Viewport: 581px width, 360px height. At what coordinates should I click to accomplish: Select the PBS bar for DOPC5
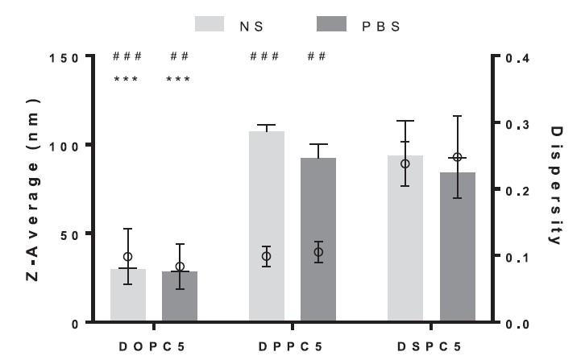180,297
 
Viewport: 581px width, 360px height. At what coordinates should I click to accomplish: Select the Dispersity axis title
554,185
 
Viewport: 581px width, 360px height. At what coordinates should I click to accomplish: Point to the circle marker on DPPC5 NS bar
267,257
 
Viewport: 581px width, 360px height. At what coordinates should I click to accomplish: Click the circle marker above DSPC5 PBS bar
457,157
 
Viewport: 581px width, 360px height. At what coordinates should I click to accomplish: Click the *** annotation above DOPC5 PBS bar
179,79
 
